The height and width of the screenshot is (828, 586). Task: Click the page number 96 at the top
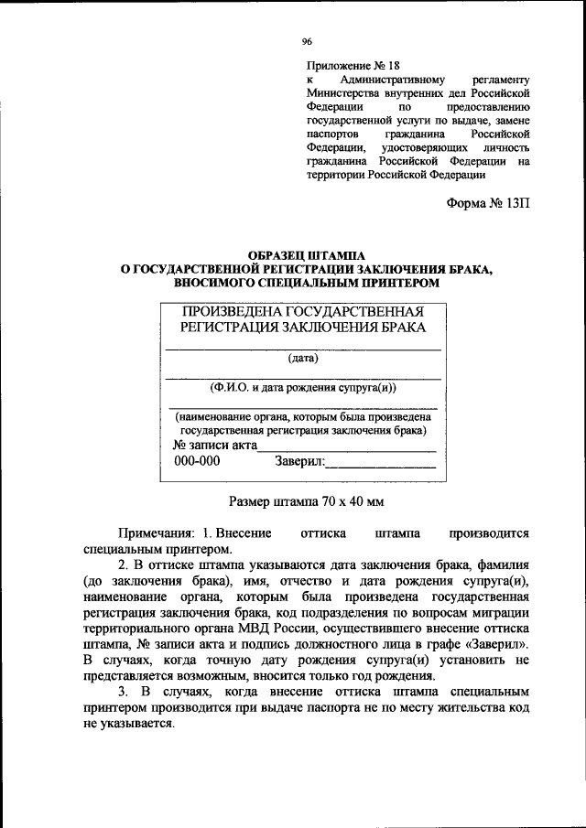coord(308,41)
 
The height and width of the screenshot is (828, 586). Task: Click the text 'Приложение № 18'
coord(353,65)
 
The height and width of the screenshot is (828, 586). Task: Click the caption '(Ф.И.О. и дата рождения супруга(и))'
coord(302,387)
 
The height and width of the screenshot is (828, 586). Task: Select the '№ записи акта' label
coord(215,446)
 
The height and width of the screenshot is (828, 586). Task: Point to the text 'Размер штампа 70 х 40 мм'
coord(306,500)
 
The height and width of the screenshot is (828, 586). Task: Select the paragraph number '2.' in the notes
coord(125,566)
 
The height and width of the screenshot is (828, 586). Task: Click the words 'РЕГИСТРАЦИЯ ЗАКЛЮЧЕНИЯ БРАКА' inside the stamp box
coord(303,328)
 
